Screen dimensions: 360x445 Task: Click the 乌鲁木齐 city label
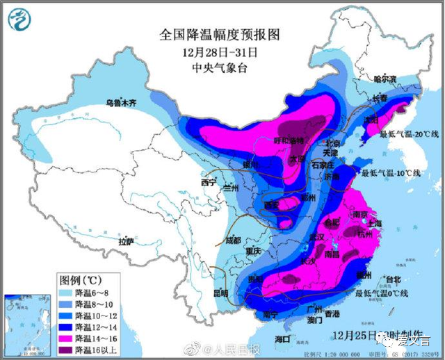click(122, 103)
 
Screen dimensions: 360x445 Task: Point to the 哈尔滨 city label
click(387, 79)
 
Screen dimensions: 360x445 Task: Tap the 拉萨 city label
click(126, 242)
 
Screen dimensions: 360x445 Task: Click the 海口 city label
click(282, 338)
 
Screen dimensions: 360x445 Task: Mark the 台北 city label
click(393, 279)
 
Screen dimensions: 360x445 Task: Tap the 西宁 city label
click(209, 183)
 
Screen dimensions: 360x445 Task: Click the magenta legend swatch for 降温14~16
click(66, 332)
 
